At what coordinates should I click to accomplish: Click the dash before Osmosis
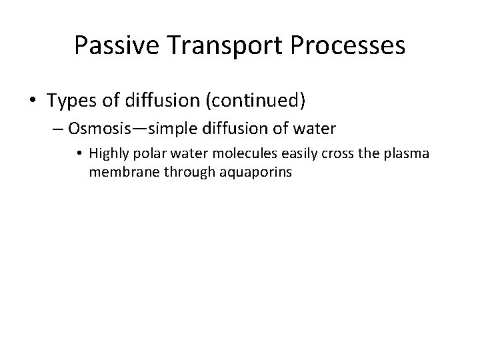57,129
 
